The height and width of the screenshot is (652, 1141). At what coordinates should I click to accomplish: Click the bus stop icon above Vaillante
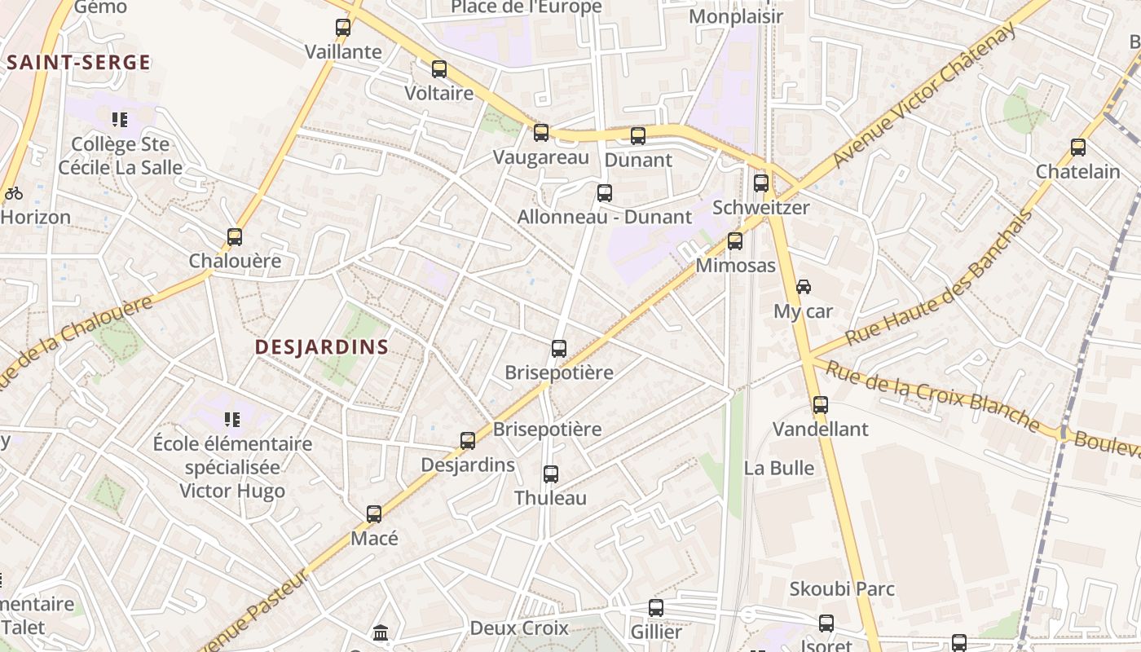(x=343, y=27)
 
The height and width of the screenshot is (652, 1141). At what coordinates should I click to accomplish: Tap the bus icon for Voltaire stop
(x=439, y=68)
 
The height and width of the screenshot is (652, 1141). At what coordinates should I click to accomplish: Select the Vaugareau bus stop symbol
(x=541, y=132)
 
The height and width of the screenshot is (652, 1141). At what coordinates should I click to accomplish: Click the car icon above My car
(x=804, y=286)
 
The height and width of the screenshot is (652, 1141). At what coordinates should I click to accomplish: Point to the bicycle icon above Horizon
(x=13, y=193)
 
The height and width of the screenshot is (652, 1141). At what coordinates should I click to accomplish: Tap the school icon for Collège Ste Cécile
(x=121, y=120)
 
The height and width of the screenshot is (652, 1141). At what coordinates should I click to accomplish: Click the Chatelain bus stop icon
(x=1078, y=147)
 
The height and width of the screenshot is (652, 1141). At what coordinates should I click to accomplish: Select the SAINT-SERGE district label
(x=79, y=63)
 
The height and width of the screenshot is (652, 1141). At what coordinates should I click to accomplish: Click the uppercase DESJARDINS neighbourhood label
(x=322, y=347)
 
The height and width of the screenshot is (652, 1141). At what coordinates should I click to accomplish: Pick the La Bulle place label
(x=779, y=468)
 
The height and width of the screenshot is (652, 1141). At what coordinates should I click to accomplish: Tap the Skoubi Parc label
(x=842, y=588)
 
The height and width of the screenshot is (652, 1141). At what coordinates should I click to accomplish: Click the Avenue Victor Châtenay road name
(x=924, y=95)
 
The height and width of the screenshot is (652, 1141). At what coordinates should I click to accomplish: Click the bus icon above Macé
(x=374, y=513)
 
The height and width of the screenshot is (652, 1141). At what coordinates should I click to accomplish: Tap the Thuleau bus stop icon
(x=551, y=474)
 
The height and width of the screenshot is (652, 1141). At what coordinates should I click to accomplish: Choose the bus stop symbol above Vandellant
(x=821, y=404)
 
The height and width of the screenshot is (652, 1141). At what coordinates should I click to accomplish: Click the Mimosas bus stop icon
(x=735, y=240)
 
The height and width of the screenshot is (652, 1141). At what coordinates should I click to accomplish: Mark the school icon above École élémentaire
(x=232, y=420)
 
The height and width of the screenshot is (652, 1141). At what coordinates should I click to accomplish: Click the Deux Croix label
(x=519, y=628)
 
